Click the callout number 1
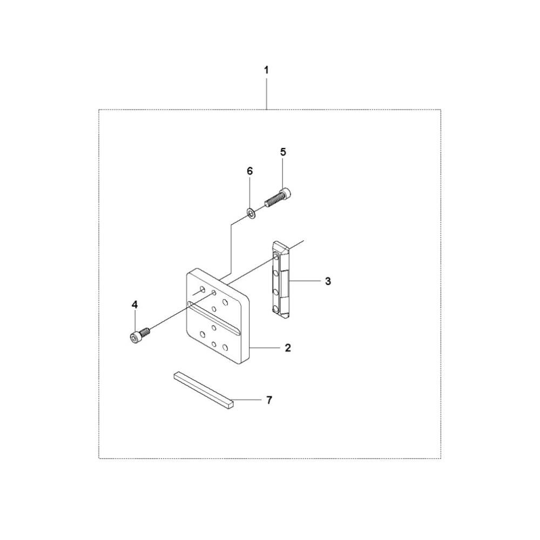[266, 70]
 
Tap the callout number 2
[288, 348]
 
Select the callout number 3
[328, 281]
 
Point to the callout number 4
[134, 305]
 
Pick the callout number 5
[283, 152]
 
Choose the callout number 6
[249, 171]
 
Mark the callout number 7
[269, 400]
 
